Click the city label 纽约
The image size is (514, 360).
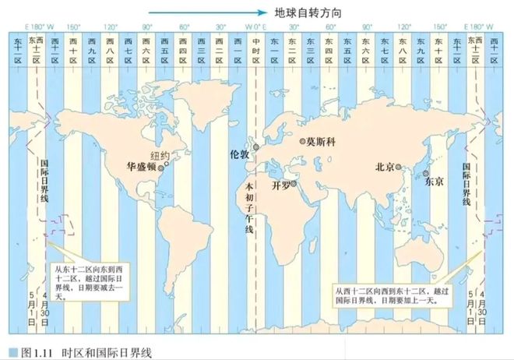coord(160,155)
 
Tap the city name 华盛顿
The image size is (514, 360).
coord(140,167)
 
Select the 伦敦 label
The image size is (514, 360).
coord(240,154)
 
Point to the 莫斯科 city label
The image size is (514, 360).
coord(320,143)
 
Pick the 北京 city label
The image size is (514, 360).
coord(385,167)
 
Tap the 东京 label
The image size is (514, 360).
coord(434,182)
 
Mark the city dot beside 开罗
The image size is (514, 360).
coord(293,185)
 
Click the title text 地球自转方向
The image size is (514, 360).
coord(308,13)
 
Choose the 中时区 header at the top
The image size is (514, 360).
coord(256,47)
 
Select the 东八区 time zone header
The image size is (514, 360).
coord(403,47)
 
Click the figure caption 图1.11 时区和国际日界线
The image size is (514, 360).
coord(82,352)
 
